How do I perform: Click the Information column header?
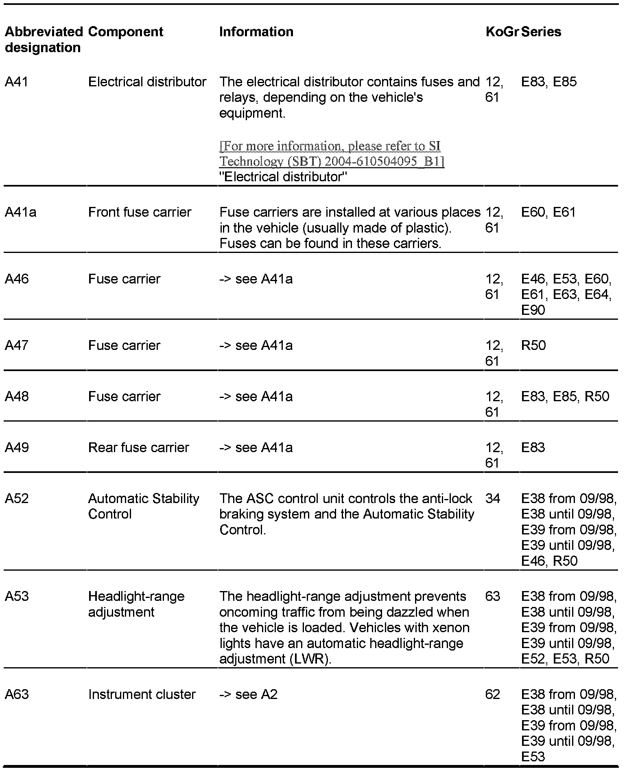pos(256,32)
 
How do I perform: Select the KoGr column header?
pos(502,32)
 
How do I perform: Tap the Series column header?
pos(541,32)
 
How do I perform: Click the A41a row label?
pos(20,212)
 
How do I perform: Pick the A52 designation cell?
pos(17,499)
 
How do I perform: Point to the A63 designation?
pos(17,694)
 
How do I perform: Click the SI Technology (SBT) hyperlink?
pos(331,154)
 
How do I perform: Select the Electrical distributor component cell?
pos(147,82)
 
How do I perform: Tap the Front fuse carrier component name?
pos(140,212)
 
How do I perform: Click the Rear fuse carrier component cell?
pos(139,448)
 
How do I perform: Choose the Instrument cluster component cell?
pos(142,694)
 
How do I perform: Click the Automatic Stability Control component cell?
pos(144,506)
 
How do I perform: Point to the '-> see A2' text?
pos(248,694)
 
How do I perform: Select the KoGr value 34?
pos(492,499)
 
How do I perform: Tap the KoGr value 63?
pos(492,596)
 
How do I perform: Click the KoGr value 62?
pos(492,694)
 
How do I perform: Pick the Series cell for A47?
pos(533,345)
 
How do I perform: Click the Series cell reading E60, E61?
pos(548,212)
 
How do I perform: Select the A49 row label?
pos(17,448)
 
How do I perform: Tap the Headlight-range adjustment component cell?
pos(136,604)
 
